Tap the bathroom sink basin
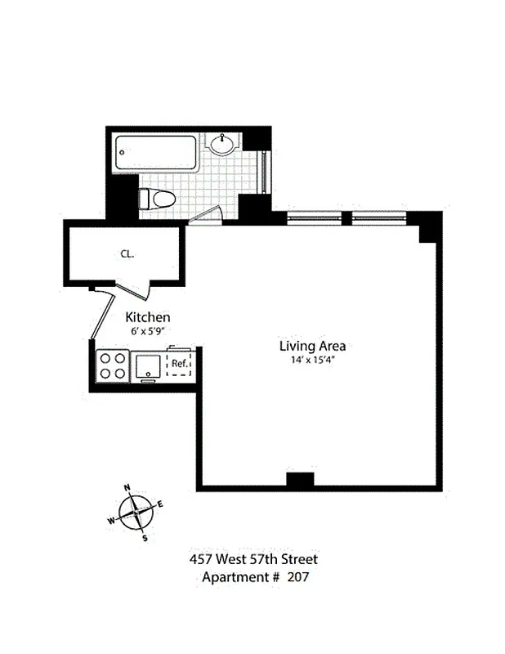click(223, 147)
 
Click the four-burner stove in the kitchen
click(113, 365)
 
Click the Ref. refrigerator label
click(180, 364)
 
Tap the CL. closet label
click(127, 253)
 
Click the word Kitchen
click(147, 317)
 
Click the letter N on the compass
click(127, 488)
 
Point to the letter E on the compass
click(160, 504)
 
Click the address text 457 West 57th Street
click(252, 560)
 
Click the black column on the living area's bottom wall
click(300, 481)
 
